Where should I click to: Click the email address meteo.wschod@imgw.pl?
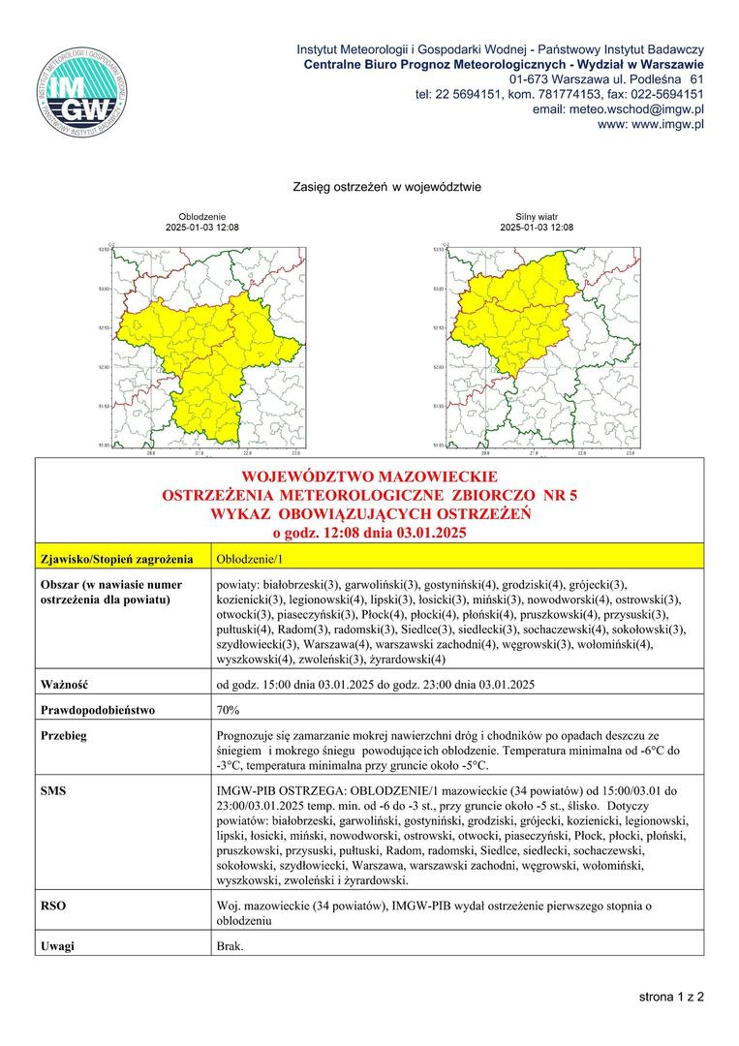tap(618, 109)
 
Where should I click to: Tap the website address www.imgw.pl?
tap(651, 125)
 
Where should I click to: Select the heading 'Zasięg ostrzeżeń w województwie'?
tap(373, 186)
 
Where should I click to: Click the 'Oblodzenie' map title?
tap(201, 217)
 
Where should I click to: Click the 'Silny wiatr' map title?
tap(536, 217)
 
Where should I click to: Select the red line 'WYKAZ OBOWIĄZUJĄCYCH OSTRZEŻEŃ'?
tap(370, 513)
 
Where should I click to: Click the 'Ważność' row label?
tap(65, 685)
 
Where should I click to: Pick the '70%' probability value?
tap(229, 710)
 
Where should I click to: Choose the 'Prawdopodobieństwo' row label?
tap(98, 710)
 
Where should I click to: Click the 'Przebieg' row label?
tap(65, 735)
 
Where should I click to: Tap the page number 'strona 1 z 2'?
tap(670, 996)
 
